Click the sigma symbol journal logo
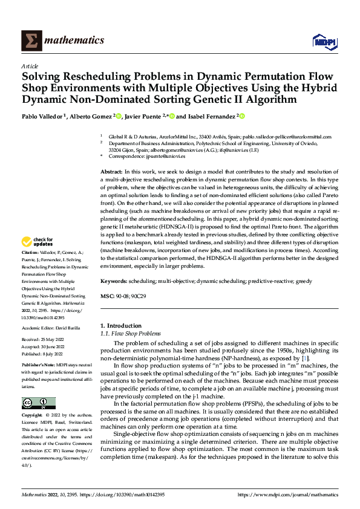point(30,41)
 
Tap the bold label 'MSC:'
point(107,297)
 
